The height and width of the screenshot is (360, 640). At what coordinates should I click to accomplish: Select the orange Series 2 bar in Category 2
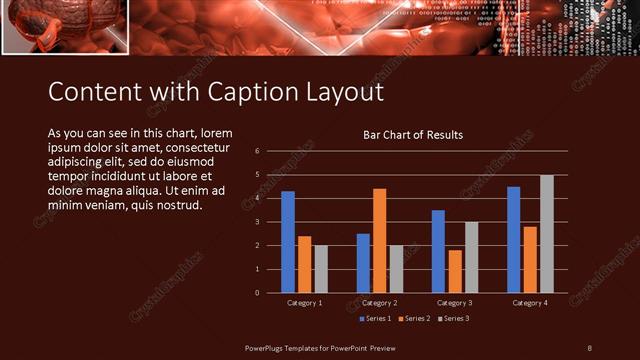(x=379, y=241)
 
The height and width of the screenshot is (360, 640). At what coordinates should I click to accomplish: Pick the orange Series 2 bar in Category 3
(x=455, y=271)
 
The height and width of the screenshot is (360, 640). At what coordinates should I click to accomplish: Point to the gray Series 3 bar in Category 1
(x=321, y=269)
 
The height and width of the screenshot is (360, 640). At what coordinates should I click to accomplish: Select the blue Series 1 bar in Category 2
(x=363, y=263)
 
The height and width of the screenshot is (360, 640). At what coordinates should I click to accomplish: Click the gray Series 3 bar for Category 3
(x=471, y=257)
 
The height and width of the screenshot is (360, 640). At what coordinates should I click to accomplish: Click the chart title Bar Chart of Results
(x=413, y=134)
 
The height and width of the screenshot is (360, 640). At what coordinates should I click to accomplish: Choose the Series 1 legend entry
(x=375, y=318)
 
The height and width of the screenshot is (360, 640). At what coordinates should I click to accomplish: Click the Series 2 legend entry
(x=414, y=318)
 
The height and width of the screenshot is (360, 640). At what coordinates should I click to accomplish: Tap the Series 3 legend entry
(x=452, y=318)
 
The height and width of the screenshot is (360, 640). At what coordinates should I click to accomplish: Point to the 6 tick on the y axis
(x=258, y=151)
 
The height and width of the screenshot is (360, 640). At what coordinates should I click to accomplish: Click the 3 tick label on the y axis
(x=258, y=222)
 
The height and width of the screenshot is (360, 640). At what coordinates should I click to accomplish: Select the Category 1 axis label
(x=304, y=302)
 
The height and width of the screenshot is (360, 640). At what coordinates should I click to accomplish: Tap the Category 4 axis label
(x=530, y=302)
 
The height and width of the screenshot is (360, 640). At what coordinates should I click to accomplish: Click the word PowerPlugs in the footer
(x=269, y=347)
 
